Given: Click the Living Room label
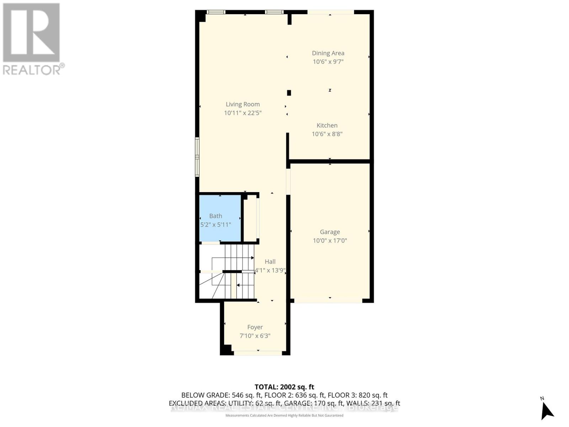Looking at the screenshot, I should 243,104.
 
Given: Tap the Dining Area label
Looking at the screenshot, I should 328,53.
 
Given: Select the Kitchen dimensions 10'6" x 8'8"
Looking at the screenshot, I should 327,134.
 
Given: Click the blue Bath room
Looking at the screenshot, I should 220,218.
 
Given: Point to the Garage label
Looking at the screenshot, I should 330,232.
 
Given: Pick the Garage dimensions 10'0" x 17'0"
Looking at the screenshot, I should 330,241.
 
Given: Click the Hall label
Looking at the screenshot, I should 270,262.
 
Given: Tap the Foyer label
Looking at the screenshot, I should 255,327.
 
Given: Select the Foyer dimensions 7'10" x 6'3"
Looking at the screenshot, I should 255,336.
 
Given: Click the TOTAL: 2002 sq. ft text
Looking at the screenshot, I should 284,387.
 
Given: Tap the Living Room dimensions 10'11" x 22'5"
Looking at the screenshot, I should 243,113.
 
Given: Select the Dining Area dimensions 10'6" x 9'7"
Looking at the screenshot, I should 328,62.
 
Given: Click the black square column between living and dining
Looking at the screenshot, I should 289,93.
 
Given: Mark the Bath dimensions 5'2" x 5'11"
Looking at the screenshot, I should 216,225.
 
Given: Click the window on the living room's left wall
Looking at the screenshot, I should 197,157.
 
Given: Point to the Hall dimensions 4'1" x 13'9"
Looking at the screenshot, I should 270,270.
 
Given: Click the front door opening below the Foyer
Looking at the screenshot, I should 258,353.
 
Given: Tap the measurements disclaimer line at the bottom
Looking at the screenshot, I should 284,415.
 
